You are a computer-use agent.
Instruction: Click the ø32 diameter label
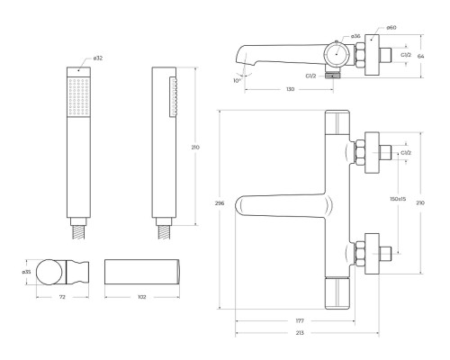pos(98,58)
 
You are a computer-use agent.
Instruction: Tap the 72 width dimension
pos(62,297)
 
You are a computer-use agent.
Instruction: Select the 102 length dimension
pos(142,297)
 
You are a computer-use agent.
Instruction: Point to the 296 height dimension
pos(220,203)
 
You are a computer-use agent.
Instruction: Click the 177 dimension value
pos(300,320)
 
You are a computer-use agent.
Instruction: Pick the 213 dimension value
pos(300,333)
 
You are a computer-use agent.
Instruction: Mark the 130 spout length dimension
pos(291,89)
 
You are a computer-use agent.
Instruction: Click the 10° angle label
pos(237,80)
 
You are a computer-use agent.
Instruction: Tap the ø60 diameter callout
pos(391,28)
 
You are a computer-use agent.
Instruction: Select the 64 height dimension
pos(421,56)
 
